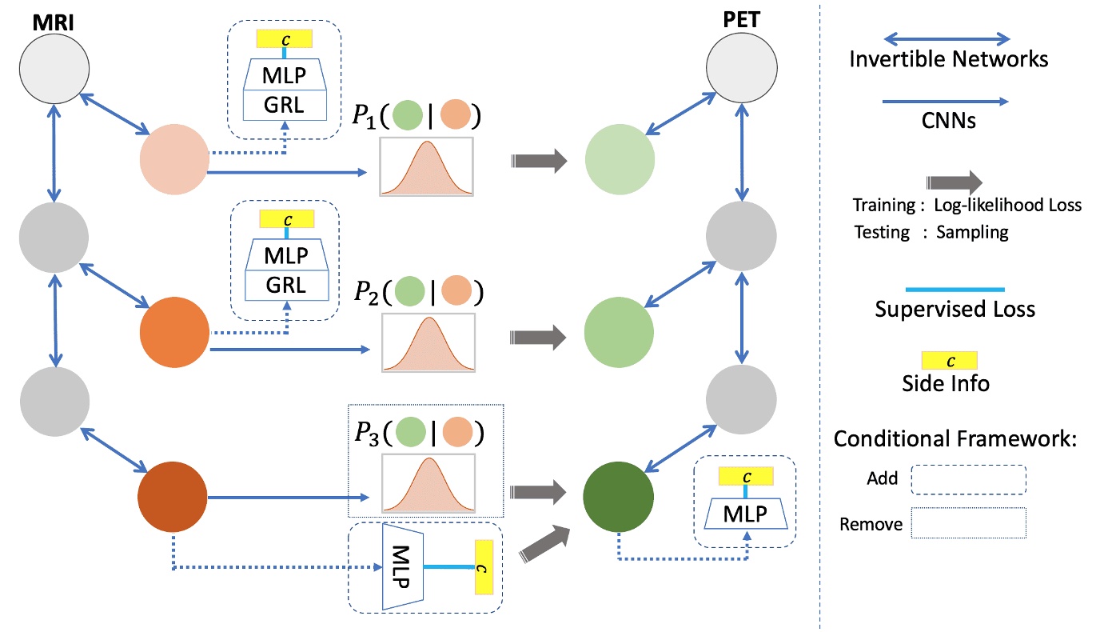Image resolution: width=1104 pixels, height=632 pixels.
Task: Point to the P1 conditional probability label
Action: click(416, 116)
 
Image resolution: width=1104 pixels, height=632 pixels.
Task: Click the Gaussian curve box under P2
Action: click(428, 342)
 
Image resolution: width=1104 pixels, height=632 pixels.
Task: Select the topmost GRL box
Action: click(285, 105)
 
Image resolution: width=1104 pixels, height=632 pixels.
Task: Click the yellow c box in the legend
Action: click(950, 360)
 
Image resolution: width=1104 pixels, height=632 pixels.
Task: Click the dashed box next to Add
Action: click(968, 481)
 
